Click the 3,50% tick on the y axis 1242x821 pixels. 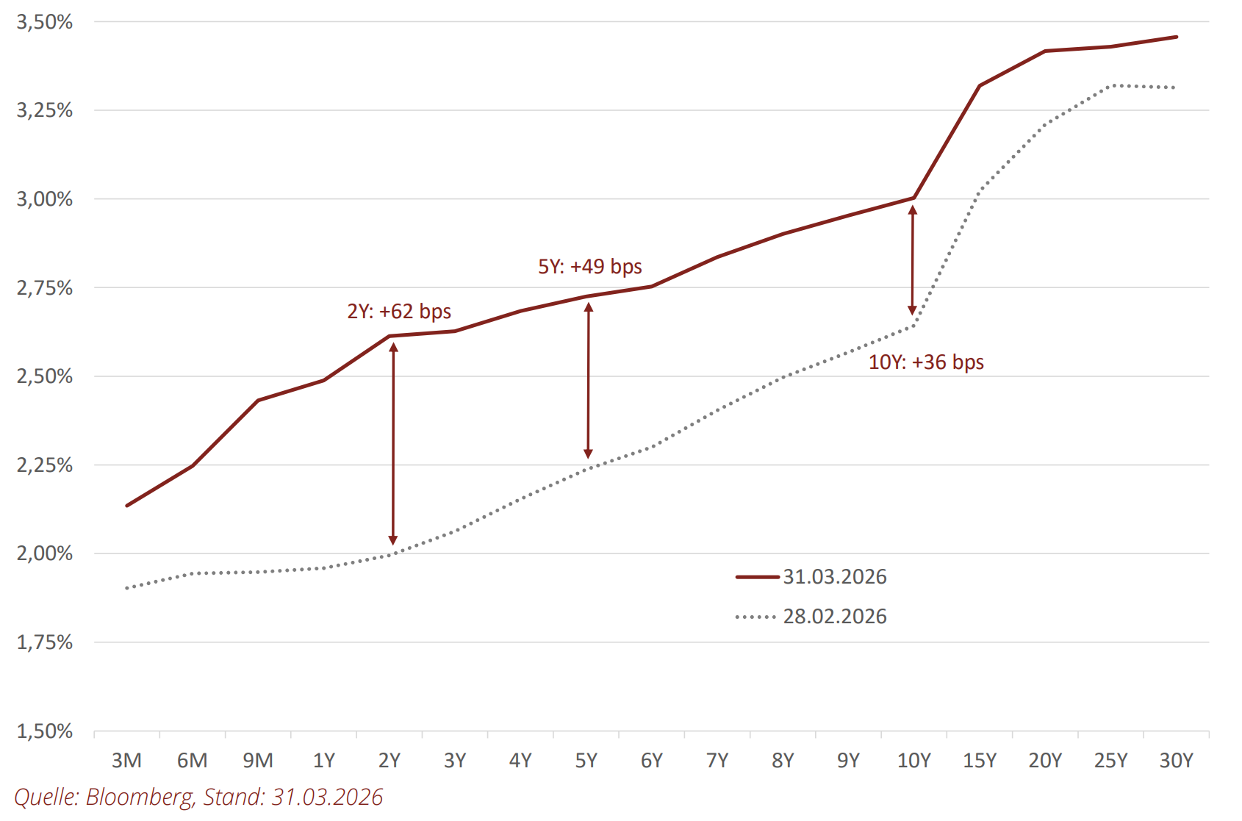pos(45,22)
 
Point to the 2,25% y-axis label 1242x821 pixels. pos(45,465)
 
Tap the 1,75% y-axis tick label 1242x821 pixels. pos(45,642)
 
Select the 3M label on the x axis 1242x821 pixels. pos(126,761)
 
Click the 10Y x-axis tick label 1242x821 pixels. pos(913,761)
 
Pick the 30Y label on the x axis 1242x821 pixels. pos(1176,761)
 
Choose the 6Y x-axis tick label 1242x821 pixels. pos(651,761)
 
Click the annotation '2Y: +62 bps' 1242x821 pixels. pos(399,312)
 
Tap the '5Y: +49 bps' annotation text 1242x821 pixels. pos(590,267)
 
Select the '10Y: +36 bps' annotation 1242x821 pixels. pos(926,362)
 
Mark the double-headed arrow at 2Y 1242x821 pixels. pos(393,444)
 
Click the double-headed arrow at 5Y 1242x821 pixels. pos(588,381)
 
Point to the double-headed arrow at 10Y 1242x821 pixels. pos(913,260)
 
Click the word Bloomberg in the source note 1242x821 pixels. pos(140,797)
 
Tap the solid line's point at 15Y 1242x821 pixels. pos(980,86)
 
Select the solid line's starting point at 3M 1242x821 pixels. pos(127,506)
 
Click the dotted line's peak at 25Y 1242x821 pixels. pos(1111,86)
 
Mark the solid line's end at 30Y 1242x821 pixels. pos(1176,37)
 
